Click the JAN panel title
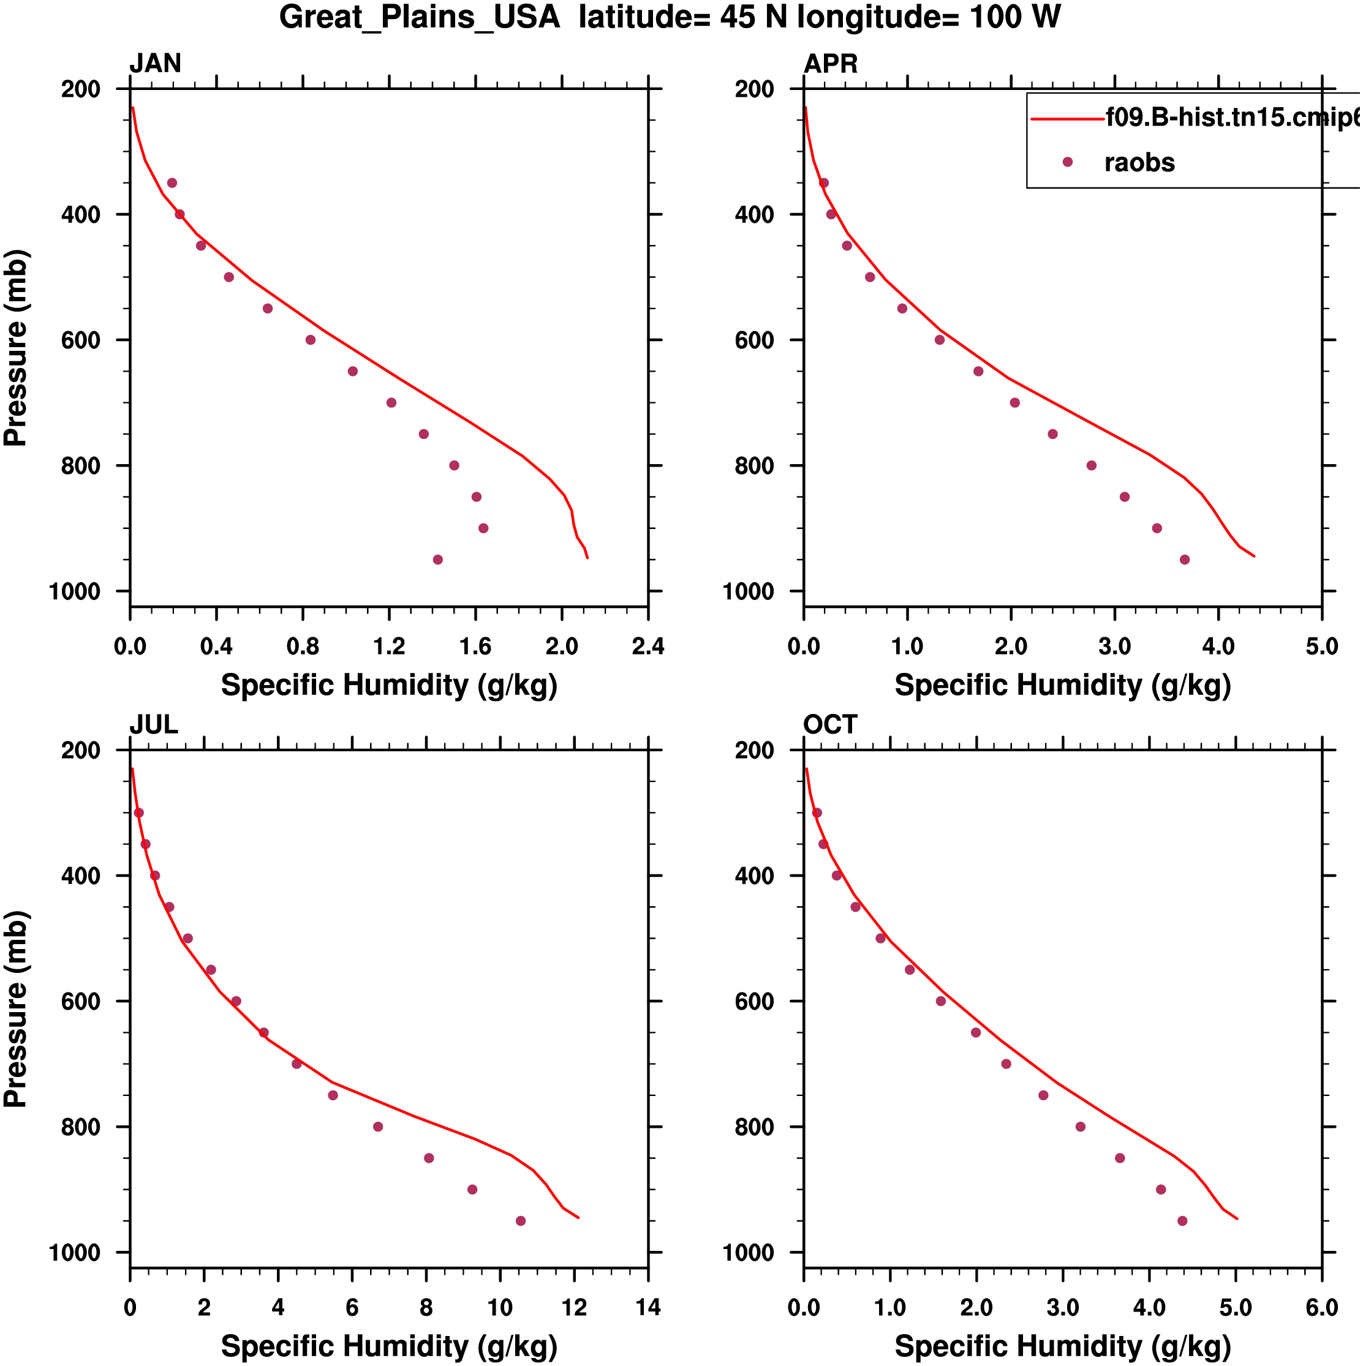155,64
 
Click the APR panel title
831,64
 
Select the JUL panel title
154,725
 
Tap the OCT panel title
829,725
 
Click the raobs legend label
1139,163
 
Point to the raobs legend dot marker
1067,162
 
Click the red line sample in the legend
1067,119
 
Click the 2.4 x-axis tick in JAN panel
648,646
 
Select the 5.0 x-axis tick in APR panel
1321,646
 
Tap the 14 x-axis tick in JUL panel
648,1307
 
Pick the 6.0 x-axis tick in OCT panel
1321,1307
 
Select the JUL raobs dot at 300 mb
138,813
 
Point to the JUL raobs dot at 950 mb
521,1221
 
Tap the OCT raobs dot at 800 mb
1080,1127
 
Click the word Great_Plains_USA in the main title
420,17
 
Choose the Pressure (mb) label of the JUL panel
15,1009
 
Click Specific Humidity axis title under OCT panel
1062,1347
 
